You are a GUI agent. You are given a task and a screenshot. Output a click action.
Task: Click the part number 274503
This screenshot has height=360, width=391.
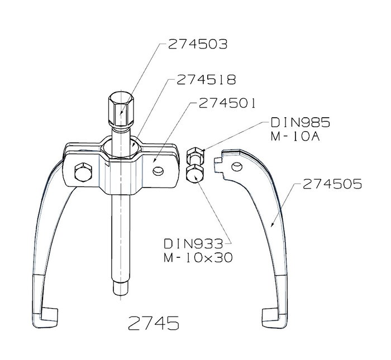(198, 44)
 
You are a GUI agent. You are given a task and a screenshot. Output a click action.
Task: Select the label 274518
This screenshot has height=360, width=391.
(206, 80)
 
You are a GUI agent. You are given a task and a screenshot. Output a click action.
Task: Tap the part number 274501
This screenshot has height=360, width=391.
(227, 103)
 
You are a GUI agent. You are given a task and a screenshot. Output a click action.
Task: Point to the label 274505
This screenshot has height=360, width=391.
(332, 184)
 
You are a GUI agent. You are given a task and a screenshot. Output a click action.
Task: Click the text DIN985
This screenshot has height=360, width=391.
(301, 122)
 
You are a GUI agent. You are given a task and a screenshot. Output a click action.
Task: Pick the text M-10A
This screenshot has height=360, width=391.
(295, 136)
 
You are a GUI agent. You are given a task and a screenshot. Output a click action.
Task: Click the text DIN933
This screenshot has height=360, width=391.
(193, 244)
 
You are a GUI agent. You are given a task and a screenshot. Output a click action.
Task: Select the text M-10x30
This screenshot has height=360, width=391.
(198, 257)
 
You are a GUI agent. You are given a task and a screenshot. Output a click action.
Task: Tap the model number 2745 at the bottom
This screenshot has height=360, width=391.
(154, 323)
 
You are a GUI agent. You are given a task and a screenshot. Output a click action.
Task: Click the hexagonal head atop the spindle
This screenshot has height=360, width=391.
(121, 109)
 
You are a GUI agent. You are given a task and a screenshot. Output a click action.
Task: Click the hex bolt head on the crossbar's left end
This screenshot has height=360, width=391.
(83, 172)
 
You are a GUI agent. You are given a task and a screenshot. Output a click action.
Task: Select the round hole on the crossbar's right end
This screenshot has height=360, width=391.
(158, 171)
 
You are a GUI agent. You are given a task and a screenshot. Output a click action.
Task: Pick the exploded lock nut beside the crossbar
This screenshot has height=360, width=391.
(195, 156)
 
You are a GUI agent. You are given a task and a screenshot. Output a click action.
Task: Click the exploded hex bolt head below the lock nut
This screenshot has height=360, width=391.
(195, 174)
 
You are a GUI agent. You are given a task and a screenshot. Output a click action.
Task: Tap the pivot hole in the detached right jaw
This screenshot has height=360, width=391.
(237, 166)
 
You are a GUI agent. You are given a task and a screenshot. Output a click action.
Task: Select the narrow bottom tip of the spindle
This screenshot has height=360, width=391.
(121, 288)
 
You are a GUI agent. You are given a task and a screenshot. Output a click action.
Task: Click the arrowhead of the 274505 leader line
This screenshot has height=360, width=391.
(273, 224)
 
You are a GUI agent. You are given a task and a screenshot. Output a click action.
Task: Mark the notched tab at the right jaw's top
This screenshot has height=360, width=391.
(218, 165)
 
